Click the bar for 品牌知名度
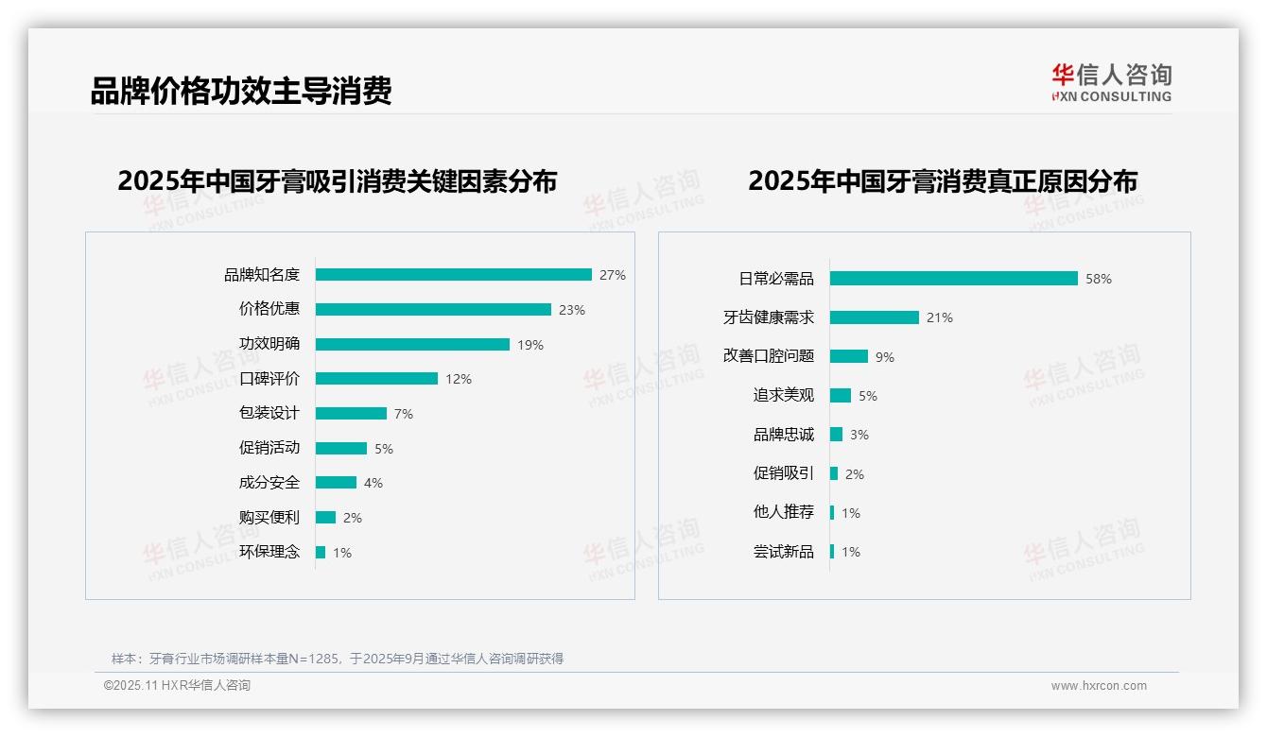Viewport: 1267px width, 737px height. click(x=453, y=275)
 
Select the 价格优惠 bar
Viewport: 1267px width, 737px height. click(x=433, y=310)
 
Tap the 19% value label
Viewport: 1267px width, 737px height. click(x=530, y=345)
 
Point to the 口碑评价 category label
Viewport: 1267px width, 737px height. click(x=269, y=379)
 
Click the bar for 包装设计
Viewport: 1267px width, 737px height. click(x=351, y=414)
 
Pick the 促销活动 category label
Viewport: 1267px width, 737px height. click(x=269, y=448)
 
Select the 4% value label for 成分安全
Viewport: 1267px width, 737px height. click(x=373, y=483)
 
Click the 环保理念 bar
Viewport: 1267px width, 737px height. click(x=321, y=552)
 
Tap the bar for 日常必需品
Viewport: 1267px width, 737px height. click(x=953, y=279)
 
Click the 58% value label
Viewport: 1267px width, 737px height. click(x=1099, y=279)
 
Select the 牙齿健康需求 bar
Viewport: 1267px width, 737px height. click(x=875, y=317)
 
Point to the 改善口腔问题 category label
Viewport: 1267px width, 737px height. click(x=769, y=356)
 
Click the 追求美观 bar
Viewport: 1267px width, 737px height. click(x=841, y=396)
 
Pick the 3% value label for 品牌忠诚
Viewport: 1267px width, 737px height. click(x=859, y=435)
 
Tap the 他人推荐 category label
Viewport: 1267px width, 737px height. click(x=784, y=512)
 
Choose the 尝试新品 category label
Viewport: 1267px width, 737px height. click(x=784, y=552)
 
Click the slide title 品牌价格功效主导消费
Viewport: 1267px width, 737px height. click(x=241, y=91)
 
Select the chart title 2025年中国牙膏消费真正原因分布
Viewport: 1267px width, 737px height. click(x=943, y=180)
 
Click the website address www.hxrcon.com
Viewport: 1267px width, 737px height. click(x=1099, y=686)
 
